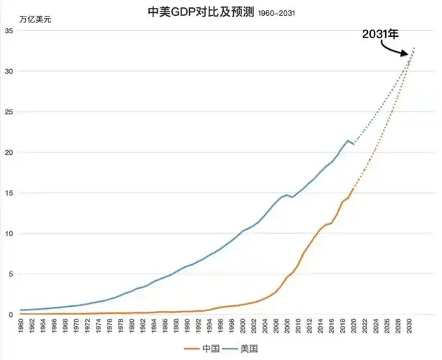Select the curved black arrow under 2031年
394,51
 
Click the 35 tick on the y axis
9,31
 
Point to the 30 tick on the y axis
9,71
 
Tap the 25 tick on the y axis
9,112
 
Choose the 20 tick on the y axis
9,153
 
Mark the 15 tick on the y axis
9,193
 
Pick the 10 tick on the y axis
9,233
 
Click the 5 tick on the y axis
12,274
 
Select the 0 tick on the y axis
12,315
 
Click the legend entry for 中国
202,348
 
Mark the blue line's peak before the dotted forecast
348,140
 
